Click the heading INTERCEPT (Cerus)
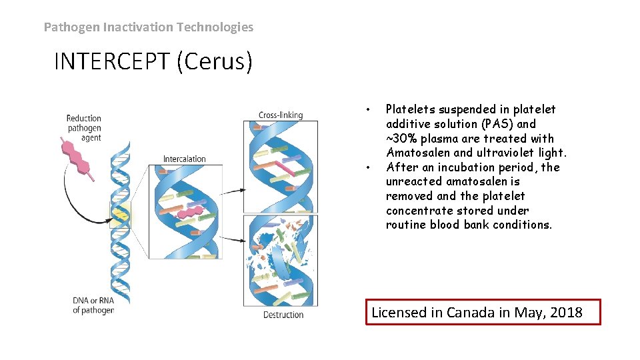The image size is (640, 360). pos(153,61)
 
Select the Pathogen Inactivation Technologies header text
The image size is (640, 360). pos(149,27)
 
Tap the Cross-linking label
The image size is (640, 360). pos(280,115)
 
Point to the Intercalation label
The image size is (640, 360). pos(185,159)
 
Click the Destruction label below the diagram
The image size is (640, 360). pos(283,315)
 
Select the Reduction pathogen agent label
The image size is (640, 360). pos(84,128)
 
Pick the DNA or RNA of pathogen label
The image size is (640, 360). pos(93,305)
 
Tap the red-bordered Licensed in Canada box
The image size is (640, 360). pos(483,312)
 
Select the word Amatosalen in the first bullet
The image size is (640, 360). pos(418,153)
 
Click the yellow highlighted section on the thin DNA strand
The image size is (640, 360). pos(120,215)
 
